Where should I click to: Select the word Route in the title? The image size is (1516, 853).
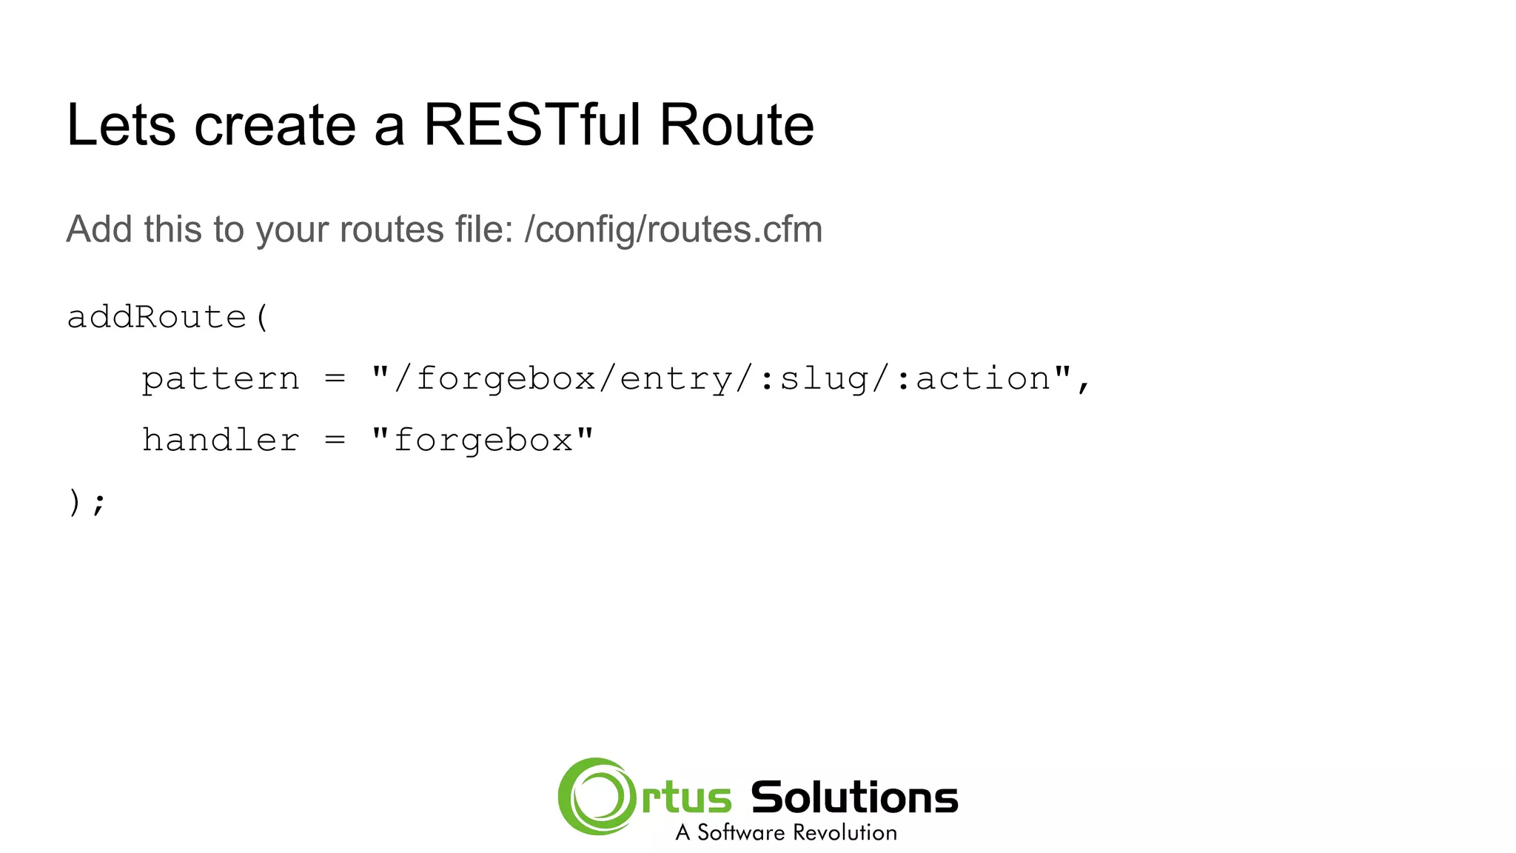[x=736, y=124]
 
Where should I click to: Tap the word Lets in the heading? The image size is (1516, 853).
[x=121, y=124]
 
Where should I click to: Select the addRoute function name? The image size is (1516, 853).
[x=156, y=317]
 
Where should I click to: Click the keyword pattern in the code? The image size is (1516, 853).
[x=221, y=379]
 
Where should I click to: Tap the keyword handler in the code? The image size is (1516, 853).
[x=221, y=441]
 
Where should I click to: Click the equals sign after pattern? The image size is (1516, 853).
[x=335, y=379]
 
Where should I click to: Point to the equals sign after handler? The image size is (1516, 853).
[x=335, y=441]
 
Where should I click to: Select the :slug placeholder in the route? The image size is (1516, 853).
[x=814, y=379]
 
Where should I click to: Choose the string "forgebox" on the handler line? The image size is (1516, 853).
[x=483, y=441]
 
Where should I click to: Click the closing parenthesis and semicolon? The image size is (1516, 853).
[x=87, y=503]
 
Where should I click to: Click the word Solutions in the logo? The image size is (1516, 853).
[x=854, y=797]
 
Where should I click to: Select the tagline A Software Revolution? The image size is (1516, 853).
[x=786, y=833]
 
